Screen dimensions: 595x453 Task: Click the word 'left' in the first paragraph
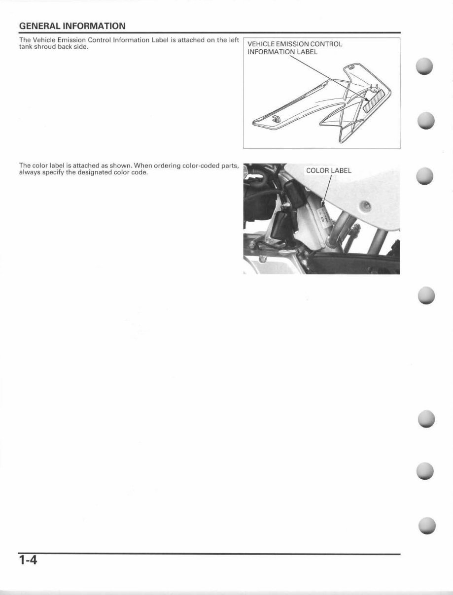(x=233, y=40)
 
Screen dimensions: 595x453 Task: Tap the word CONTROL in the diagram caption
(x=325, y=44)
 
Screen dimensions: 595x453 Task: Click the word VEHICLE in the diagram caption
(x=261, y=44)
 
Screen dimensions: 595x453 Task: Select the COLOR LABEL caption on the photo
(x=328, y=171)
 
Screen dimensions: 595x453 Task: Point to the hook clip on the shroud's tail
(x=277, y=118)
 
